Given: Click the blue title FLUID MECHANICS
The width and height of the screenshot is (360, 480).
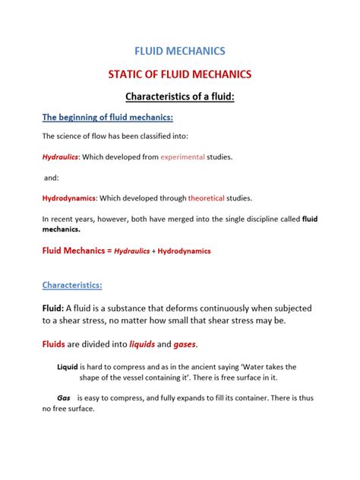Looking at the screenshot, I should point(179,52).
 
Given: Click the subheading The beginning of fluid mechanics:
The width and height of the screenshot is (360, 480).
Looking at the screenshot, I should point(108,117).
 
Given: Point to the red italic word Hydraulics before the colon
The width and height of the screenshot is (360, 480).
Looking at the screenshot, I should point(60,157).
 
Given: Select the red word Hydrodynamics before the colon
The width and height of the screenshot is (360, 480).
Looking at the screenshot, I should point(69,198).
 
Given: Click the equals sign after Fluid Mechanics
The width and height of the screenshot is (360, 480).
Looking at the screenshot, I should point(107,250).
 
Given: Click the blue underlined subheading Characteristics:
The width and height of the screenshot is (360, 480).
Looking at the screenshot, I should point(72,286).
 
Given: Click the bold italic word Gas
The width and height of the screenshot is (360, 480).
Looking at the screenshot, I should point(64,397).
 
